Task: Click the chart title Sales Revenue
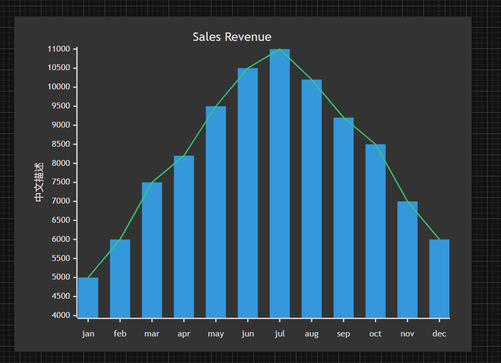[232, 37]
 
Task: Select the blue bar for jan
[88, 298]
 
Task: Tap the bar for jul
[279, 183]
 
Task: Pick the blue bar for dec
[439, 278]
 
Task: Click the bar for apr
[184, 237]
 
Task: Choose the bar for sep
[343, 218]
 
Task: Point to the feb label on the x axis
[120, 334]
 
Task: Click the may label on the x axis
[216, 334]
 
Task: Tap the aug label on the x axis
[311, 334]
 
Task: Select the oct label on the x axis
[375, 334]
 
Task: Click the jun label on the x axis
[248, 334]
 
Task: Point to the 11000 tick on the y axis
[59, 49]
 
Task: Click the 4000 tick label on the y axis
[61, 315]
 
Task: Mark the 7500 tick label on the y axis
[61, 182]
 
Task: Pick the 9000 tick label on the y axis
[61, 125]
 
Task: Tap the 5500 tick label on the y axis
[61, 258]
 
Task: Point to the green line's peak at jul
[279, 49]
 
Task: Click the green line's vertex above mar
[152, 182]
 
